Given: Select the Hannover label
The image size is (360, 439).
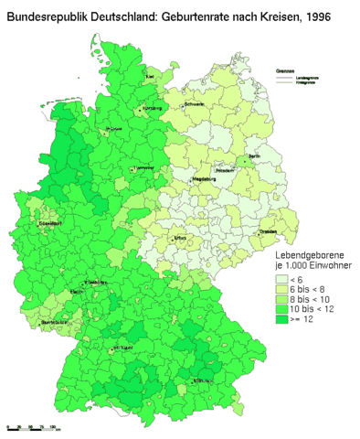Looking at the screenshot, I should pos(144,168).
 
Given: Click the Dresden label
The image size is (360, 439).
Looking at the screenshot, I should pos(269,232).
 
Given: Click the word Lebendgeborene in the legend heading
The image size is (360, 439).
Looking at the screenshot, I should pos(305,253).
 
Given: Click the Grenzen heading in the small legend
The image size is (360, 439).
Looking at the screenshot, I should pos(284,70).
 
